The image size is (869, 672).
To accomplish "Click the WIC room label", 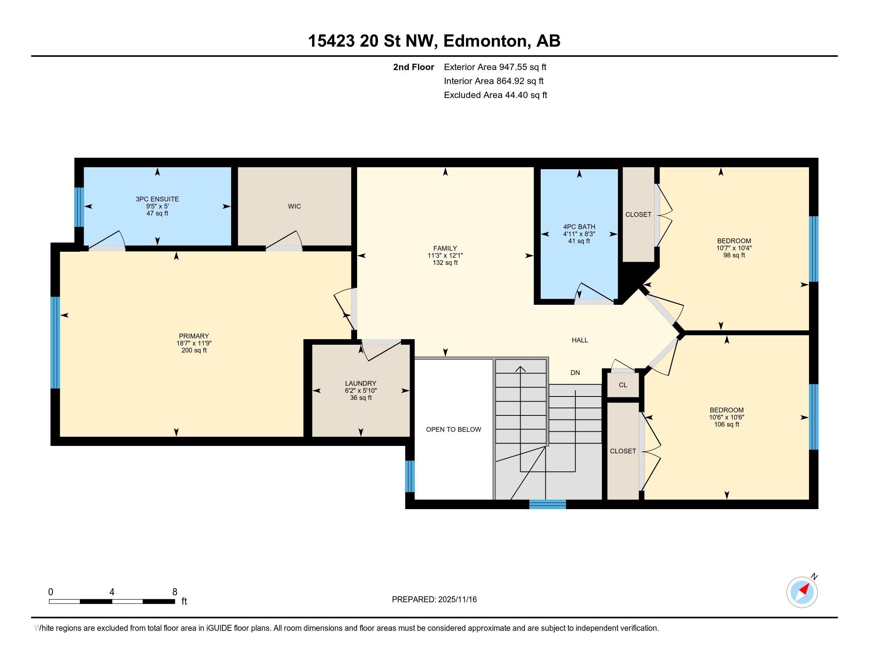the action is point(294,206).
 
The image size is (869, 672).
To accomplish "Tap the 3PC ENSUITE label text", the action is point(157,199).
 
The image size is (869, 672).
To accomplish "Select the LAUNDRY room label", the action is point(361,383).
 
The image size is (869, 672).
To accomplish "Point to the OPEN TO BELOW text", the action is point(453,429).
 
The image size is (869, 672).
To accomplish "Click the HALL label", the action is point(580,340).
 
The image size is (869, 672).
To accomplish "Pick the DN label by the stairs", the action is point(575,373).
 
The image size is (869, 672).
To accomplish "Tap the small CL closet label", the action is point(623,385).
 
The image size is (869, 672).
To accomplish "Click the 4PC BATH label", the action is point(579,227).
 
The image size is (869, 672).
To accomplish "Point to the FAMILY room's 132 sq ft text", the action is point(445,263).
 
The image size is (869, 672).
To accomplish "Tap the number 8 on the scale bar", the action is point(174,592).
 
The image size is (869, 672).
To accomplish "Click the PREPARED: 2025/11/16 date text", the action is point(434,600).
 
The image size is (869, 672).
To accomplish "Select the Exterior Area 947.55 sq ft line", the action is point(495,67).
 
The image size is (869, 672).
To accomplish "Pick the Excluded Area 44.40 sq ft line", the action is point(495,95).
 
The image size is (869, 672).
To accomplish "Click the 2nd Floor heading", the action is point(414,67).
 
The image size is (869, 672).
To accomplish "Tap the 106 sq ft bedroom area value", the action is point(726,425).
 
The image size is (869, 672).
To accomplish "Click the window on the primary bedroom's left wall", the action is point(55,342).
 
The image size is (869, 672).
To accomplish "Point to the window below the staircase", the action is point(547,504).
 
